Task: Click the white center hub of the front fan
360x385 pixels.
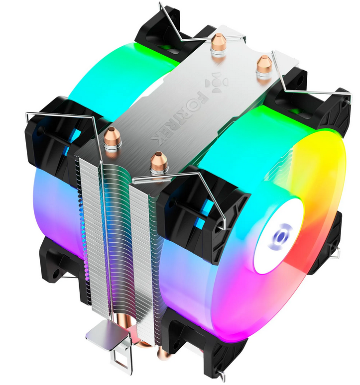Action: click(279, 236)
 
